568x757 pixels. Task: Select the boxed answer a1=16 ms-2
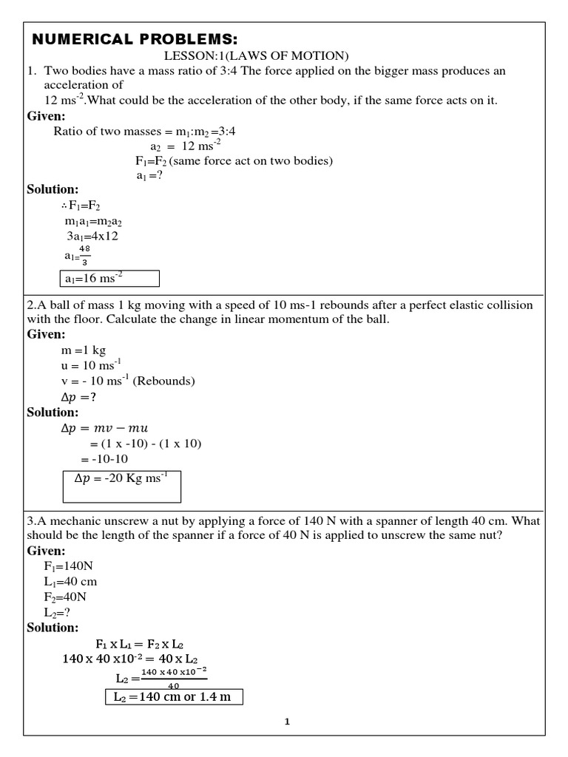(109, 278)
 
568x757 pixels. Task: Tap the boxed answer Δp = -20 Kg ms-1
(122, 479)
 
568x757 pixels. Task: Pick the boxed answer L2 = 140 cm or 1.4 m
(172, 697)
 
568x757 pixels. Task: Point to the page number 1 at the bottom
(288, 722)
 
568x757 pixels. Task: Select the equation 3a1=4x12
(92, 237)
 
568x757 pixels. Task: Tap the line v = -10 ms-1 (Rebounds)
(128, 381)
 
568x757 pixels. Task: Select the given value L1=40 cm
(70, 582)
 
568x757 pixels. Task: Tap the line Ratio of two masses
(145, 132)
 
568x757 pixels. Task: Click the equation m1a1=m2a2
(93, 222)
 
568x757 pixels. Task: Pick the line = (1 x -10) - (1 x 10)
(146, 444)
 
